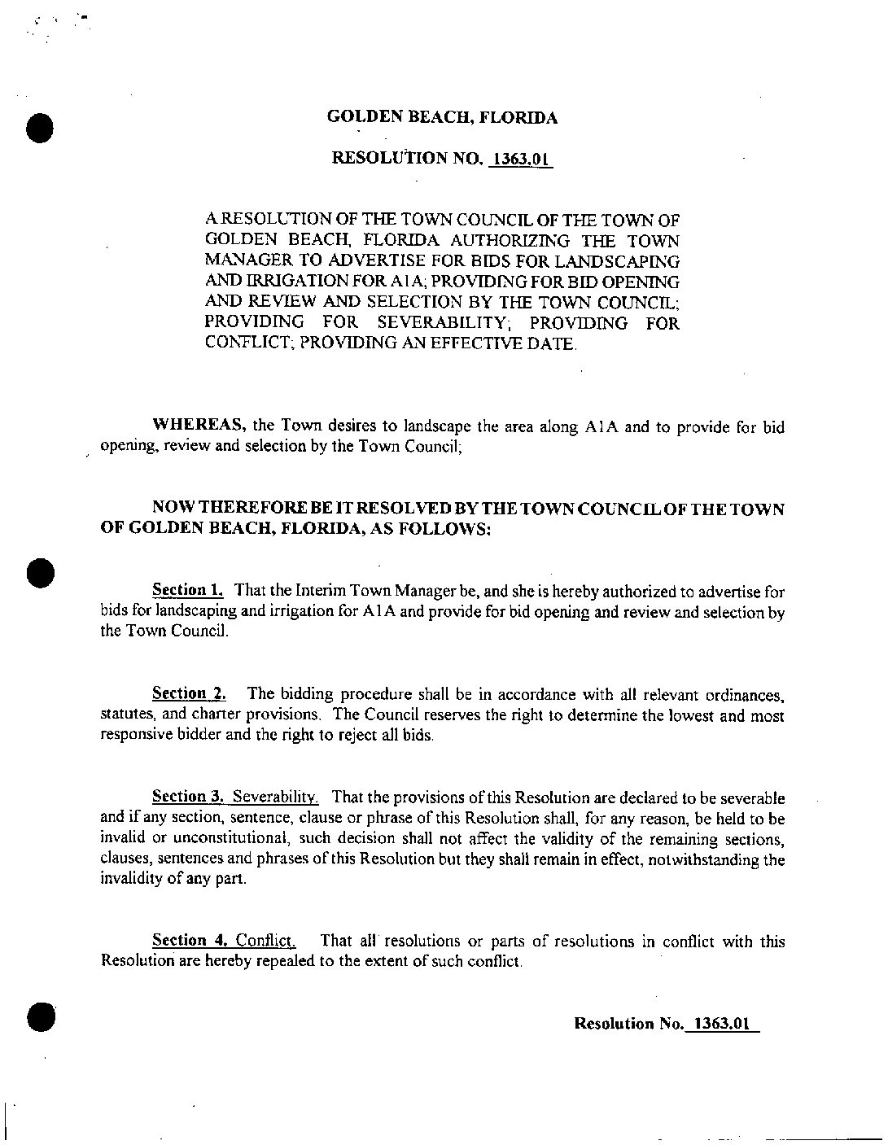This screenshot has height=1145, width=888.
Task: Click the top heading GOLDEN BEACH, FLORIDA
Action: (x=442, y=117)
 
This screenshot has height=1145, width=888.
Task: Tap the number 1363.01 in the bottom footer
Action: (x=719, y=1024)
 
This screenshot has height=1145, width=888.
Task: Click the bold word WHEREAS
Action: (x=200, y=426)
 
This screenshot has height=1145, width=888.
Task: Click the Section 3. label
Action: (x=189, y=797)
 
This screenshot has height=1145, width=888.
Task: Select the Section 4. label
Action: (x=190, y=941)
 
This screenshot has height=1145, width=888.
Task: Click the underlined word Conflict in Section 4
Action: (x=265, y=941)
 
